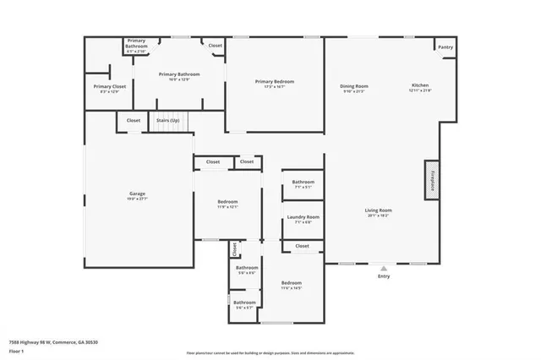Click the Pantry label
coord(445,47)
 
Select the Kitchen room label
coord(420,85)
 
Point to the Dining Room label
coord(354,85)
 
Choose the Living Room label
coord(379,210)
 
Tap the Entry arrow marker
coord(384,267)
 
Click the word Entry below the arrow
coord(384,275)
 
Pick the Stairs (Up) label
coord(167,121)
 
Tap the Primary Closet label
coord(109,86)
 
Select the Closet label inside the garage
coord(134,121)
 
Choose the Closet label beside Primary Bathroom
coord(215,46)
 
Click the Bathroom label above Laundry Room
coord(303,182)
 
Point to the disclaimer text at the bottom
coord(270,353)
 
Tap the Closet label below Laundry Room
coord(302,246)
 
